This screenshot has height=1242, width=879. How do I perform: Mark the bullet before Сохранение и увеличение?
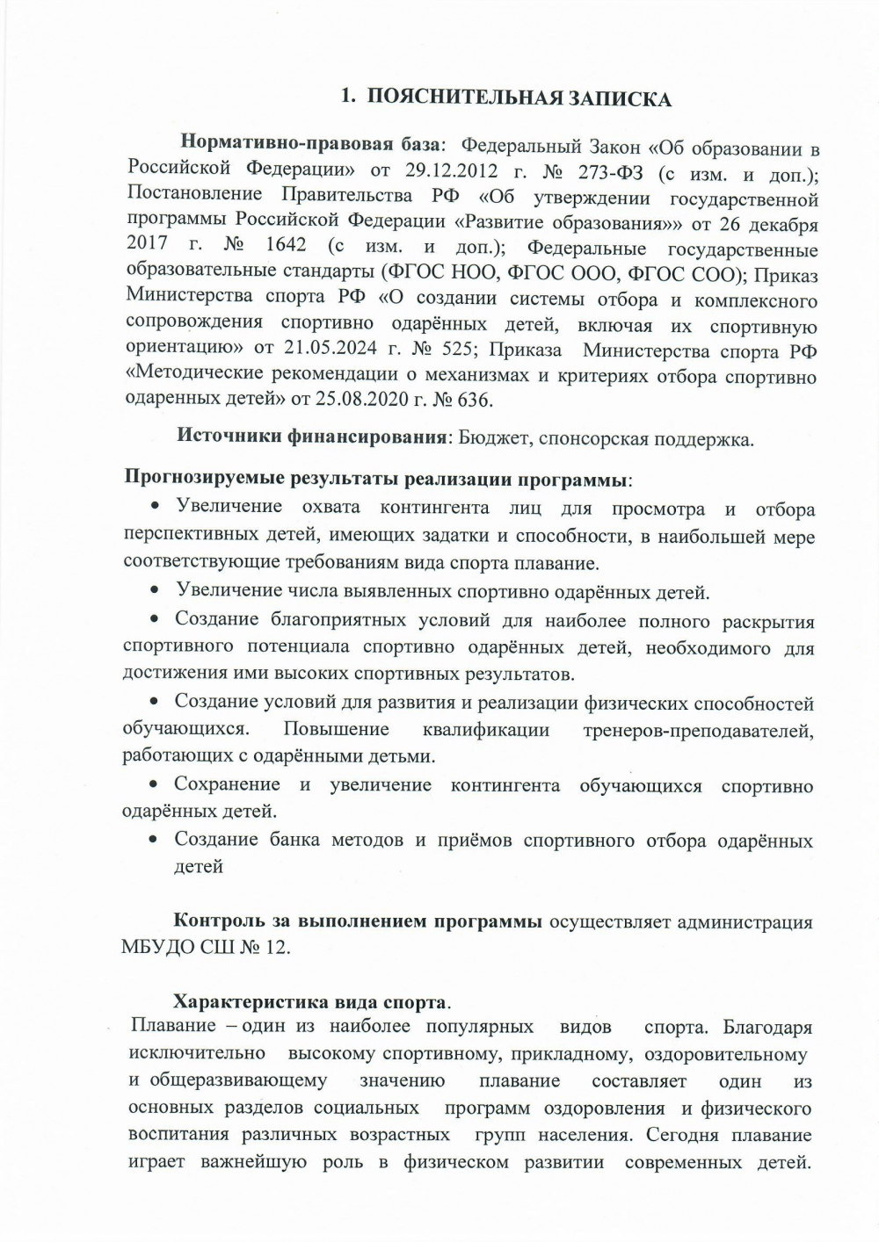154,785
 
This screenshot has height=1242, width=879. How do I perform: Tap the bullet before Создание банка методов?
154,841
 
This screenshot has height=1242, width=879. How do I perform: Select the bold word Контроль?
215,922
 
